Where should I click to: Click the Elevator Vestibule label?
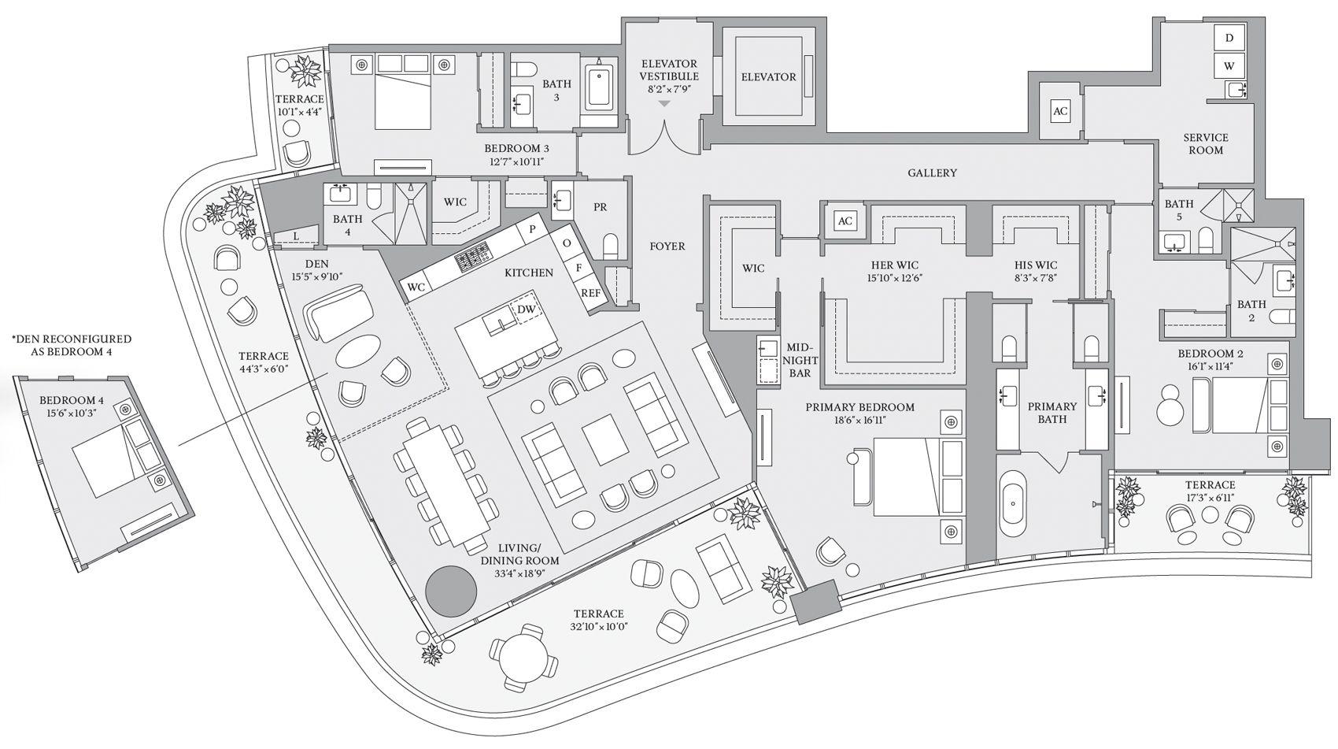click(669, 69)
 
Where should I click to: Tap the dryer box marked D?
click(1229, 38)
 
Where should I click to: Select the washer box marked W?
click(1229, 65)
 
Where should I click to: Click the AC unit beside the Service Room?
click(1060, 110)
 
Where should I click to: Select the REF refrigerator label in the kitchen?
click(591, 293)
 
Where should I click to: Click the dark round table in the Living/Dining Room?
click(451, 591)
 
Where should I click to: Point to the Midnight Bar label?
click(800, 360)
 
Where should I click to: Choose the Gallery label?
click(932, 172)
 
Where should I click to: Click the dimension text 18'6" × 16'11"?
click(860, 421)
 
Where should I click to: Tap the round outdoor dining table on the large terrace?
click(523, 656)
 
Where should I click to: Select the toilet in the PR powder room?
click(610, 245)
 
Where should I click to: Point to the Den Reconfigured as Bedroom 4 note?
click(72, 346)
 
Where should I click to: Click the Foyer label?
click(667, 246)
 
